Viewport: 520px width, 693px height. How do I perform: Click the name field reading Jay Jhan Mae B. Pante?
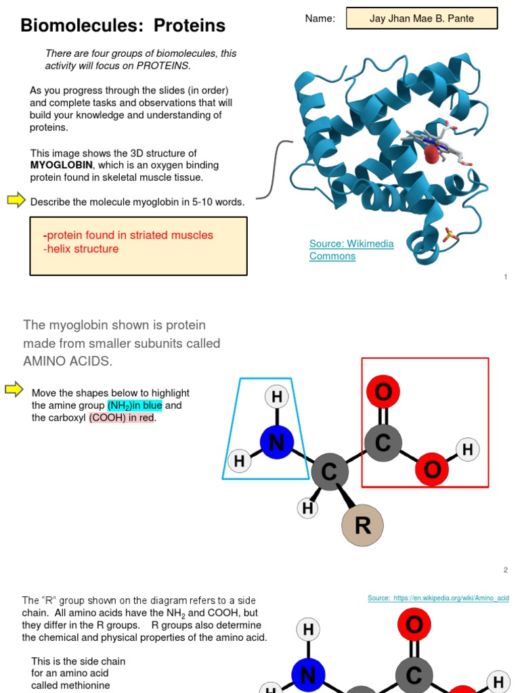click(421, 18)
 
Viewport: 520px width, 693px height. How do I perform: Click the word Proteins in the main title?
click(189, 26)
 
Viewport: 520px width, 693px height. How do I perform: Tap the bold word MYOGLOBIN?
click(61, 165)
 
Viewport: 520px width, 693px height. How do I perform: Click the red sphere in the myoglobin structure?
click(431, 155)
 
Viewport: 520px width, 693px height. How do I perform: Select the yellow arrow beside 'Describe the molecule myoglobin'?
click(16, 200)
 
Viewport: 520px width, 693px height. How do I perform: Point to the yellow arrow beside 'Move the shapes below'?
click(14, 388)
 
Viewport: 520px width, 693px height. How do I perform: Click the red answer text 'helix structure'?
click(81, 249)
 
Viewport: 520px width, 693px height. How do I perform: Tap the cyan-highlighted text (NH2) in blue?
click(135, 405)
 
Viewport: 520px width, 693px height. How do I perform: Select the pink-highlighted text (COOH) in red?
click(122, 418)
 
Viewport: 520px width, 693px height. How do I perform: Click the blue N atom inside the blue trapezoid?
click(276, 443)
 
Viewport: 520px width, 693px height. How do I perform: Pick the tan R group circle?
click(362, 525)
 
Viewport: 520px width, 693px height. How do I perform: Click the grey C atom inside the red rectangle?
click(383, 443)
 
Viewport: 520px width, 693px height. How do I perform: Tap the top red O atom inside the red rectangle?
click(383, 392)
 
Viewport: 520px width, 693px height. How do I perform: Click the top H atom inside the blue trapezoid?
click(276, 397)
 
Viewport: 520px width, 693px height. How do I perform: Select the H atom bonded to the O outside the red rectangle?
click(467, 449)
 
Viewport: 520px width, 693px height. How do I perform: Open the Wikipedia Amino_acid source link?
click(438, 598)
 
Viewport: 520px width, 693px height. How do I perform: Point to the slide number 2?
click(505, 570)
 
